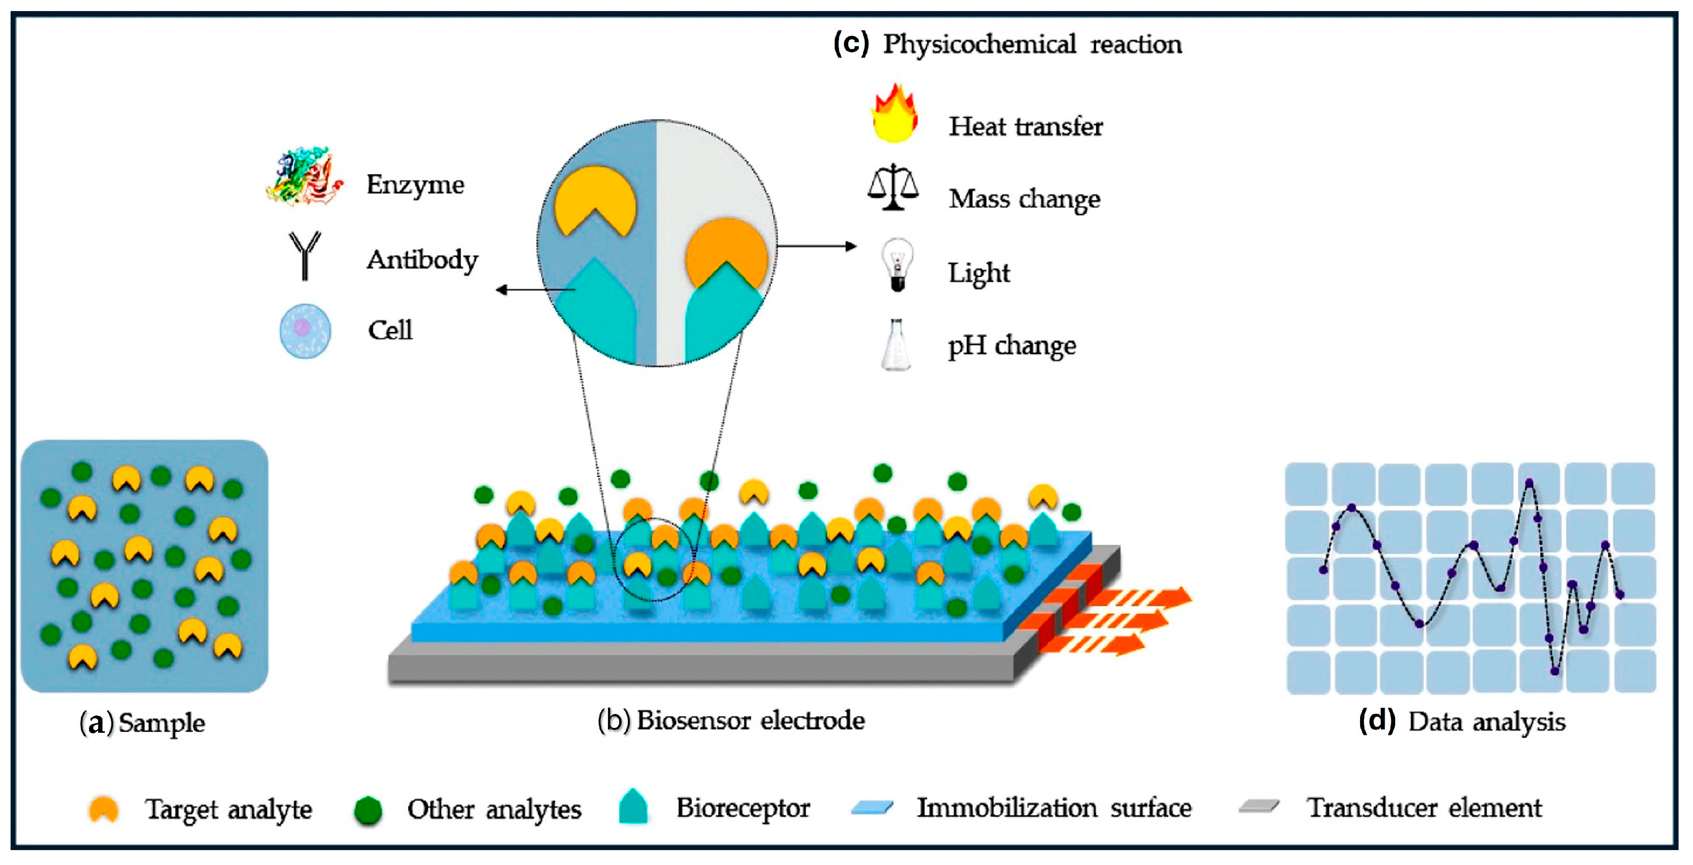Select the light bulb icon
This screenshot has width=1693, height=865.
coord(896,264)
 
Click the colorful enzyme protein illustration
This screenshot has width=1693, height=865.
coord(304,176)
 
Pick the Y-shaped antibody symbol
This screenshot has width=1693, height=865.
coord(304,255)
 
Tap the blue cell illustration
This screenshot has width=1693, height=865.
coord(305,330)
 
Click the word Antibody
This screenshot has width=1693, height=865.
coord(422,260)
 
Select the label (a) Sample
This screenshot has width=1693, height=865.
coord(142,723)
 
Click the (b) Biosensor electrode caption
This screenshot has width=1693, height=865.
coord(731,720)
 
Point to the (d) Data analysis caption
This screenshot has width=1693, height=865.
coord(1462,722)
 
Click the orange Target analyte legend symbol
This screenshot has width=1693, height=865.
coord(104,809)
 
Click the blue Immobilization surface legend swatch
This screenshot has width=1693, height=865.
coord(871,808)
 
